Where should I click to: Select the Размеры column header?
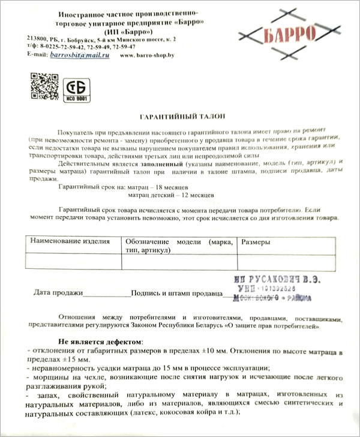(x=255, y=241)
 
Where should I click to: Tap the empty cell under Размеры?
(x=286, y=263)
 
